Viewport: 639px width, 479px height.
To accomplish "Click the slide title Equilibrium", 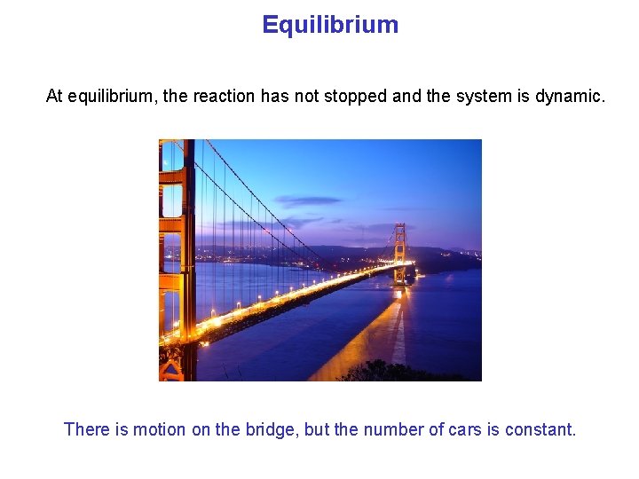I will (330, 25).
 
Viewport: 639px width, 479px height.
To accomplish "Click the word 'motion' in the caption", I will (160, 430).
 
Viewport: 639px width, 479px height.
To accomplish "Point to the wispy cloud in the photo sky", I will (306, 201).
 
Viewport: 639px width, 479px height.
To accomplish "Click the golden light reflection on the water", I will (373, 333).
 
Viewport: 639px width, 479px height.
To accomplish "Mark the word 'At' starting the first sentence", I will (54, 96).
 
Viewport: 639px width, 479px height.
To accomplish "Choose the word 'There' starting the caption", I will (87, 430).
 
